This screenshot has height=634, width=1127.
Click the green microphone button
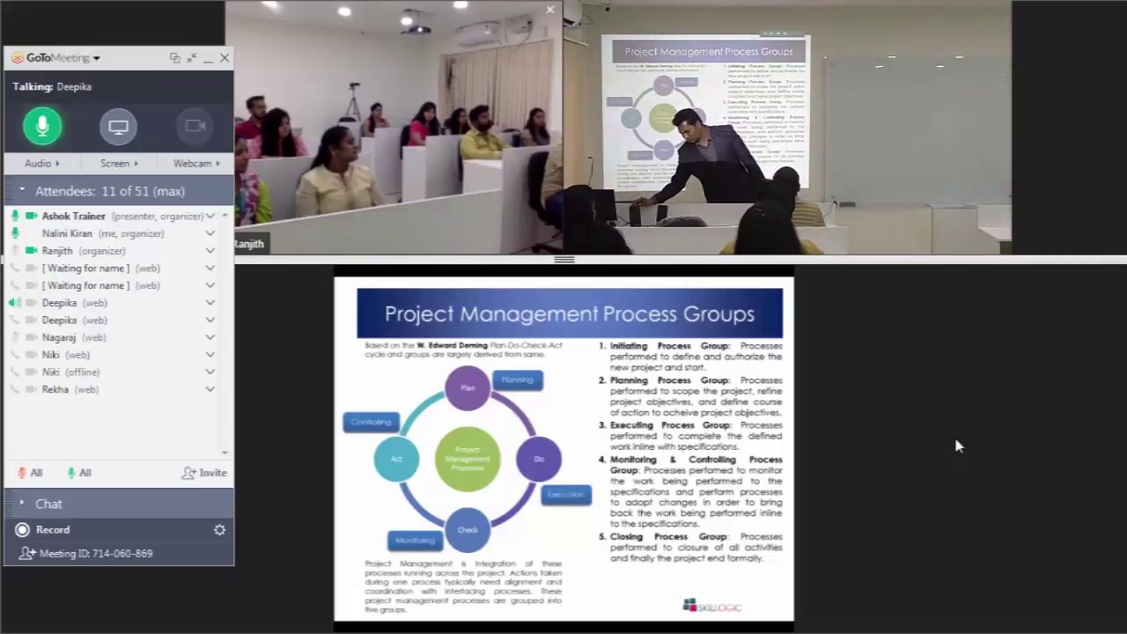(x=42, y=126)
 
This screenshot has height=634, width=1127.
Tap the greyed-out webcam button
(x=195, y=126)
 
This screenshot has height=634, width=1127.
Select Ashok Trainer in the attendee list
(x=73, y=216)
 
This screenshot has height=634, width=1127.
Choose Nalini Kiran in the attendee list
(x=67, y=233)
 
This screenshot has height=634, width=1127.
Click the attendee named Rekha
(x=55, y=389)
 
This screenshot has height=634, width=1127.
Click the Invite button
(x=204, y=473)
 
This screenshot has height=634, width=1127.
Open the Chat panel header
(x=48, y=504)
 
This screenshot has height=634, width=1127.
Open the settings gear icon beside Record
(x=219, y=530)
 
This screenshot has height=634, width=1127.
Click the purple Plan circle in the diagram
(x=468, y=387)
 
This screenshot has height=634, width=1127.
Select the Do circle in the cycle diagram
(x=539, y=459)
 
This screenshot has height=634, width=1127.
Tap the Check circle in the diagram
(x=468, y=530)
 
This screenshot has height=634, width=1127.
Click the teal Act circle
(x=396, y=459)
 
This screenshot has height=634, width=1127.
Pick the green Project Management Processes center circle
(x=468, y=459)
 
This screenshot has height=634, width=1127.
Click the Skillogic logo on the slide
(x=712, y=606)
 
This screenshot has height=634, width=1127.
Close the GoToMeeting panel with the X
(x=225, y=58)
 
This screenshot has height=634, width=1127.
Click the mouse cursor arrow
(x=958, y=446)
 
